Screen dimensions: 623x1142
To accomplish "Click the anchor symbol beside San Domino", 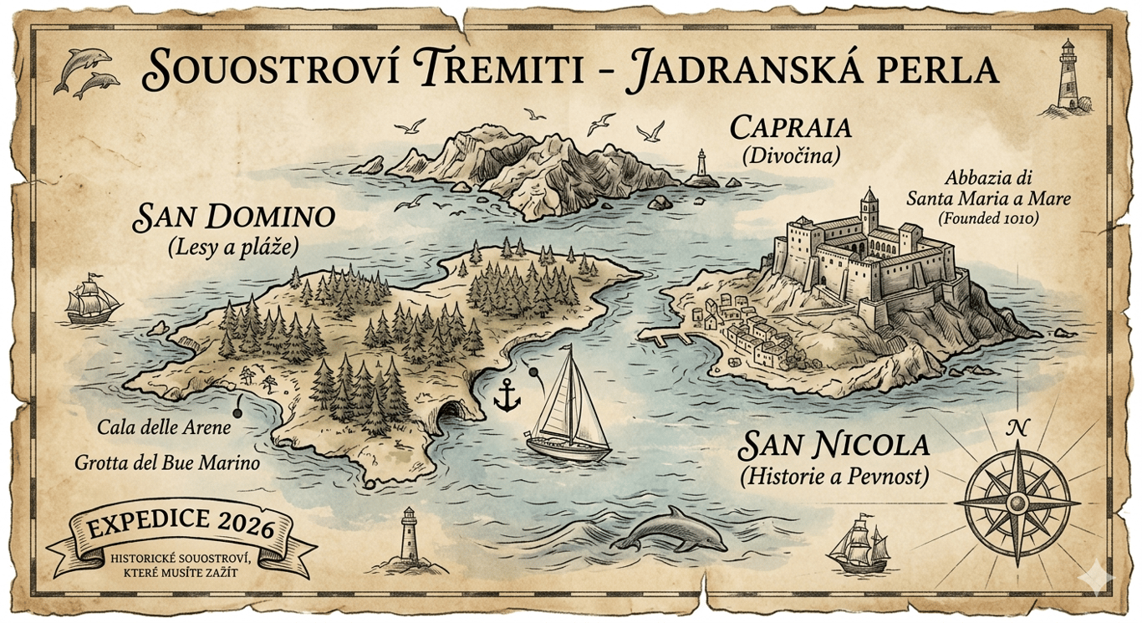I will click(506, 394).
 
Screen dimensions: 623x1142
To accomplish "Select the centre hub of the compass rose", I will click(1017, 503).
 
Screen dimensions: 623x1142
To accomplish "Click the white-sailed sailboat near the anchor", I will click(568, 406).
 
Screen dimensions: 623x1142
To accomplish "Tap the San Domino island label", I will click(234, 218).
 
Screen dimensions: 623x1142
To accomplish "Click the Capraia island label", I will click(790, 128).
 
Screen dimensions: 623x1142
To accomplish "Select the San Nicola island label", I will click(834, 445).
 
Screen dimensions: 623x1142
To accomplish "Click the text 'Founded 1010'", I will click(987, 219).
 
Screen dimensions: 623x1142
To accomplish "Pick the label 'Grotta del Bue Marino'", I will click(167, 462).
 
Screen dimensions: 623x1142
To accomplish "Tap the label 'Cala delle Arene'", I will click(163, 427).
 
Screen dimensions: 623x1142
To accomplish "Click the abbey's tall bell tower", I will click(869, 209).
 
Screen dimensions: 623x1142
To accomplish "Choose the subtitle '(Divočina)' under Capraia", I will click(790, 156).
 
